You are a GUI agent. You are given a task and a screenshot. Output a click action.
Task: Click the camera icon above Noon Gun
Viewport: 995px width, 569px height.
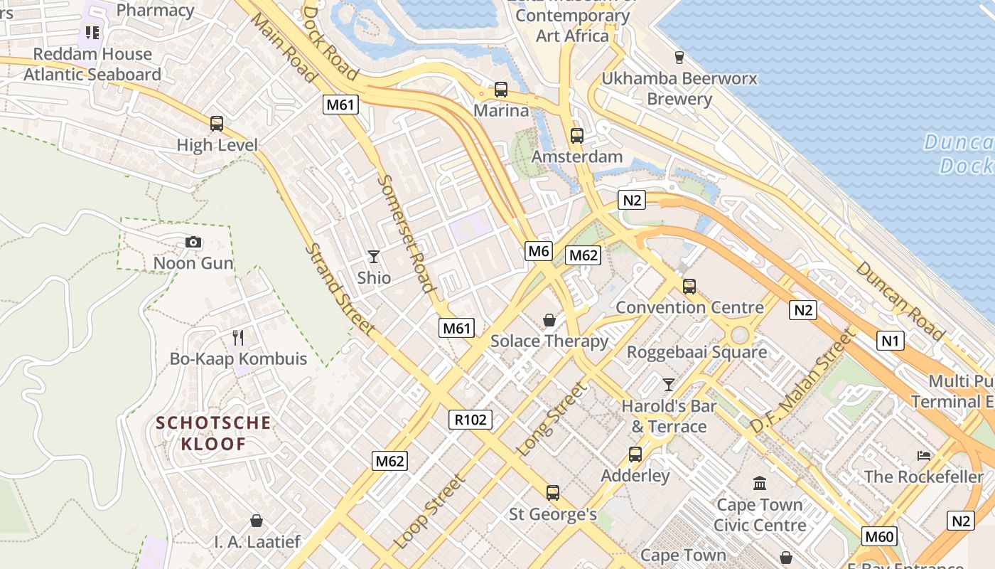[193, 243]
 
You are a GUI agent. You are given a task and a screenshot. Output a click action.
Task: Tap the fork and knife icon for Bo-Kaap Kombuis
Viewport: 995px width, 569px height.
[238, 337]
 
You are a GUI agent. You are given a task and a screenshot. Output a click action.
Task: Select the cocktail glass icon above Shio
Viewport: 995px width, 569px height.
[374, 256]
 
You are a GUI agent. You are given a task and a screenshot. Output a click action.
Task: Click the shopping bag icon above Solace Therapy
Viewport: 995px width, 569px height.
[549, 320]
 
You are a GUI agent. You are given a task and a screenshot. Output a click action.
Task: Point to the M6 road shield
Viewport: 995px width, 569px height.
[539, 250]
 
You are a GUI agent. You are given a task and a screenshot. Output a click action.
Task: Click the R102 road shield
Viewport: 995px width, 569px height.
[470, 420]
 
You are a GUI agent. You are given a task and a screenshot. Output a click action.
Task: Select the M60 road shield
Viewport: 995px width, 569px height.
[879, 536]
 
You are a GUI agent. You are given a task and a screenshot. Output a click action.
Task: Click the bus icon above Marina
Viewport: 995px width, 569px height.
[501, 90]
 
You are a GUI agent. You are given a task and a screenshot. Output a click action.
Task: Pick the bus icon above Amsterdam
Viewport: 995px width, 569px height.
[577, 135]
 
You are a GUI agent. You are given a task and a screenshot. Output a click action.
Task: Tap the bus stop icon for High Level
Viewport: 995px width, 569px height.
[217, 124]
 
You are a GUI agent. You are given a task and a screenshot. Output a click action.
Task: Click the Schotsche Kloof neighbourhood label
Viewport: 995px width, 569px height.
[213, 434]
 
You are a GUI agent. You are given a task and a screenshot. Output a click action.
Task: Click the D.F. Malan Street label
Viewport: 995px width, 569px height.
[800, 382]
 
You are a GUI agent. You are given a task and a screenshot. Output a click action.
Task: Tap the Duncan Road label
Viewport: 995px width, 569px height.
[900, 300]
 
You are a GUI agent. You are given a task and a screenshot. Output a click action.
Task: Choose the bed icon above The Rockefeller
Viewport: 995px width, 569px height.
[923, 455]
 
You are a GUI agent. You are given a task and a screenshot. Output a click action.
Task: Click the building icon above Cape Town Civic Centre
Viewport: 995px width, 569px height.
[760, 484]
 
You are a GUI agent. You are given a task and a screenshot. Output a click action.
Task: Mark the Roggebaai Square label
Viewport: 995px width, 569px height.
[696, 352]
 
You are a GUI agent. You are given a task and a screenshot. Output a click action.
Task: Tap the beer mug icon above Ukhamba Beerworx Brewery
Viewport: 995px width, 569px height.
[679, 57]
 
